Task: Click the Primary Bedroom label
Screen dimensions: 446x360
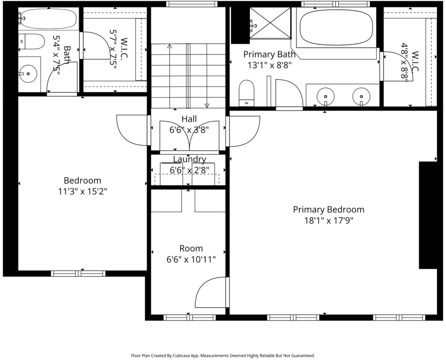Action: [328, 210]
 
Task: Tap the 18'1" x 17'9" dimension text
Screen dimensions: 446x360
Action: [328, 221]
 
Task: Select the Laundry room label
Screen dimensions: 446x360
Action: [189, 160]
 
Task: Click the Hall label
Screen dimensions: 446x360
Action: [189, 119]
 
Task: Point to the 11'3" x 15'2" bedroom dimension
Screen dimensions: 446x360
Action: [82, 191]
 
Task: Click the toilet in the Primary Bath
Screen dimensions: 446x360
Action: [247, 93]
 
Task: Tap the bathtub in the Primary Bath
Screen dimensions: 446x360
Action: [336, 27]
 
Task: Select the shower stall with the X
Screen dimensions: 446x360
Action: [270, 23]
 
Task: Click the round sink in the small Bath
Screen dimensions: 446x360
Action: [28, 74]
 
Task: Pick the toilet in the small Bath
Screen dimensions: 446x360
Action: [31, 41]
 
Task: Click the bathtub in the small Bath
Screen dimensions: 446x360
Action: [49, 18]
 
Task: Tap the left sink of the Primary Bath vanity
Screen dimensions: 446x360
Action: [326, 97]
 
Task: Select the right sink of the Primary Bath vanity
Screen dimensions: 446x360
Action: [362, 97]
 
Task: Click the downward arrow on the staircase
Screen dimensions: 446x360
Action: [207, 76]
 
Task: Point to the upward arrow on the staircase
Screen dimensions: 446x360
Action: [170, 76]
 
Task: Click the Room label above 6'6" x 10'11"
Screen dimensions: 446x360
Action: [191, 248]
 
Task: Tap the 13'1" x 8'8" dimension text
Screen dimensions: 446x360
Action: [270, 65]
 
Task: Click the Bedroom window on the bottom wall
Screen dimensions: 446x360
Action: [78, 273]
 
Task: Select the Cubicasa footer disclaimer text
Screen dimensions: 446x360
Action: [223, 356]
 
